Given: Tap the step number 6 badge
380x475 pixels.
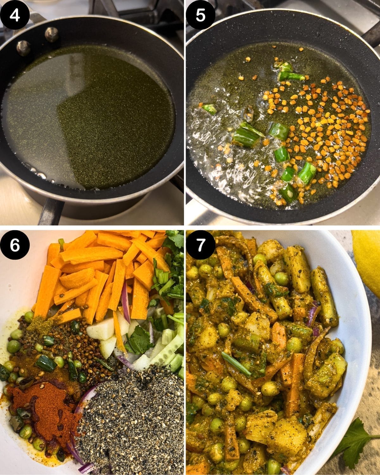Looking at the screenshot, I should pos(15,246).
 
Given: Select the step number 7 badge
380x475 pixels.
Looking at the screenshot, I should pos(200,246).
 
